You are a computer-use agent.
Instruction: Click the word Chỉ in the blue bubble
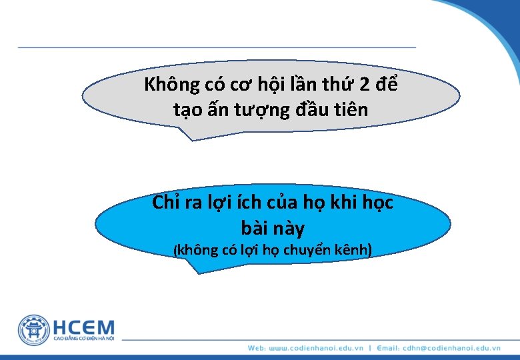coord(166,203)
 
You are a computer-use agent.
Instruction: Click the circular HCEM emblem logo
coord(34,330)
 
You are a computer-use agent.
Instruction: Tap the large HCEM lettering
coord(84,327)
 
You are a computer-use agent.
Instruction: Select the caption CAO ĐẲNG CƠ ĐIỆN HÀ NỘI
coord(84,341)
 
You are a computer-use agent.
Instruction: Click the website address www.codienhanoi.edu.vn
coord(315,348)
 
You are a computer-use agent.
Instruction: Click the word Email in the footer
coord(389,348)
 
